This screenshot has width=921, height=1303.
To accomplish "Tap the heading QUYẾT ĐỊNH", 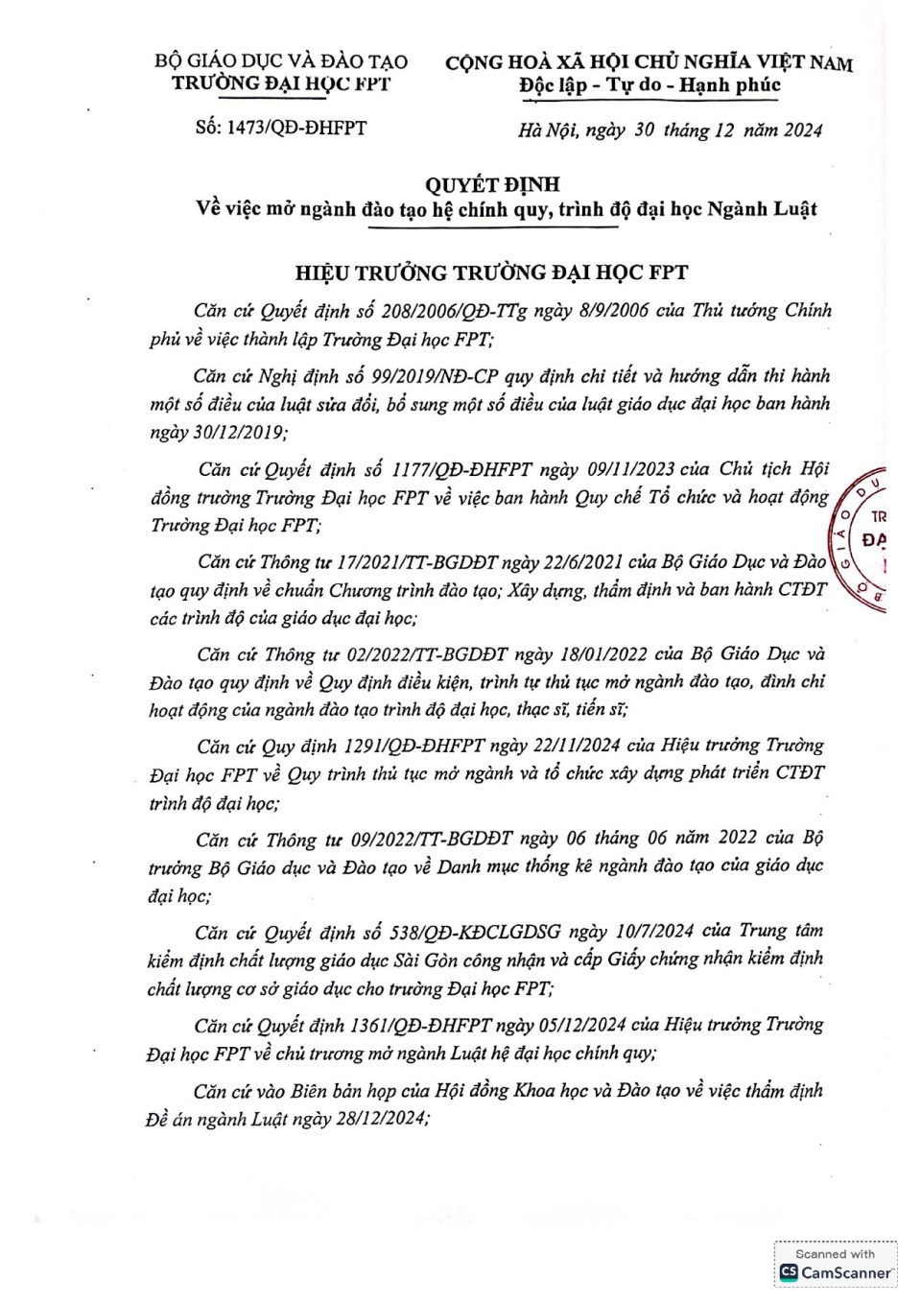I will click(x=492, y=183).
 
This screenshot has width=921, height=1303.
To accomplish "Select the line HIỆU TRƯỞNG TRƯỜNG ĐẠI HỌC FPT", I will click(x=491, y=272).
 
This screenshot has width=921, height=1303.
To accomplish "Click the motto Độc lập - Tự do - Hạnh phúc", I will click(x=649, y=85).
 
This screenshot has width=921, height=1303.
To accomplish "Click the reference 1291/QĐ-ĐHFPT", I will click(x=414, y=746).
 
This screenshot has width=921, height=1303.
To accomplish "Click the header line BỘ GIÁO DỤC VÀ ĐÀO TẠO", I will click(x=281, y=61).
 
